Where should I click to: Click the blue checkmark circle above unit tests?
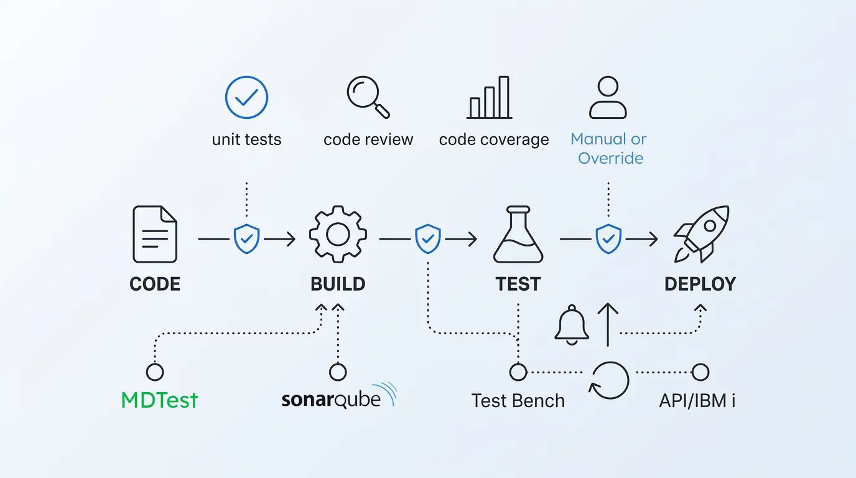246,98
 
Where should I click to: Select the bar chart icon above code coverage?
490,98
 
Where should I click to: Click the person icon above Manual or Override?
608,98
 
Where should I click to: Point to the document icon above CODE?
155,235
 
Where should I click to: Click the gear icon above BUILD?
338,235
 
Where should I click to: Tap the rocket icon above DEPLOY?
701,234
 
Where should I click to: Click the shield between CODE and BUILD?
246,238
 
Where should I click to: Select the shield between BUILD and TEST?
428,238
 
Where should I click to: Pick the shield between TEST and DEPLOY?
608,238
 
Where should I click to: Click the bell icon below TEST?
571,326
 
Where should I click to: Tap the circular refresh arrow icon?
610,380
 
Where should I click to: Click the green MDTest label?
159,400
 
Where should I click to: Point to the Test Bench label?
518,401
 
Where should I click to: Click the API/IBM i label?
697,401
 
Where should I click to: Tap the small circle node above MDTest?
155,372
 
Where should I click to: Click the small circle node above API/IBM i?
700,372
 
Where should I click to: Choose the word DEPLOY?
700,284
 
